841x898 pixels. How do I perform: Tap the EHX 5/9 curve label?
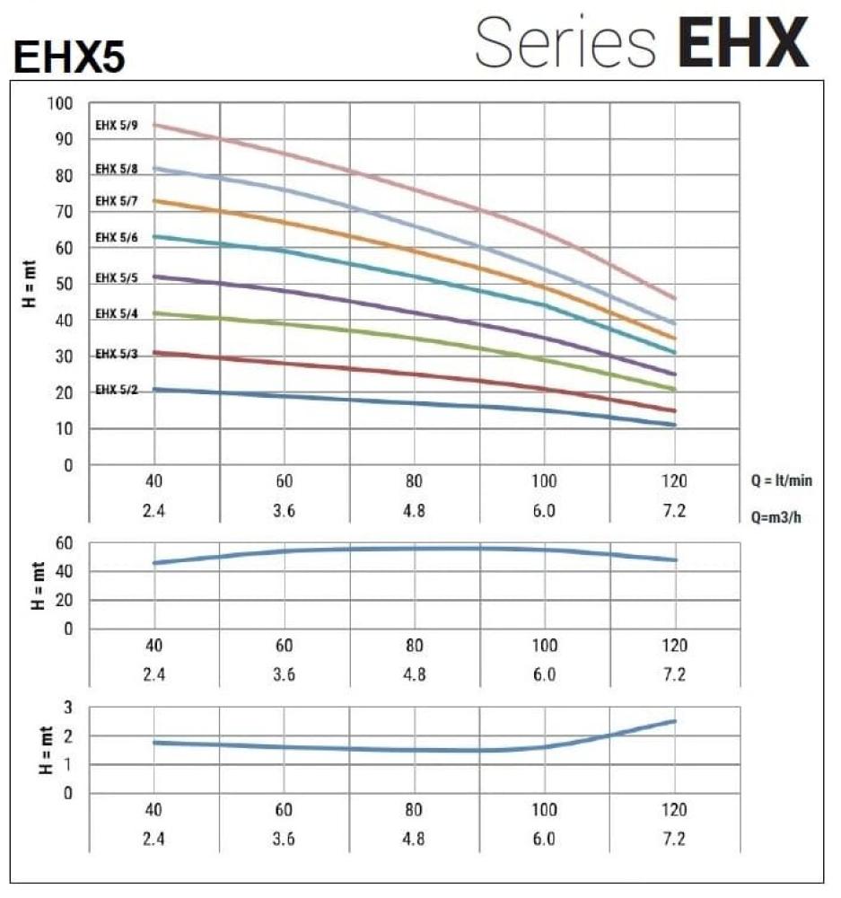point(116,126)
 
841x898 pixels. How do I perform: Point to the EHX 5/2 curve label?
point(116,390)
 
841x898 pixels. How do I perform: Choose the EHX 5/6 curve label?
point(116,238)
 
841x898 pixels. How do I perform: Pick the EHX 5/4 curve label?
point(116,313)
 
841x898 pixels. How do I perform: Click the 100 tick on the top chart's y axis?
point(59,103)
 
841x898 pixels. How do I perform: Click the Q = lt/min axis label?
point(783,480)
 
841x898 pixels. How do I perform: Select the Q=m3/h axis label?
point(777,516)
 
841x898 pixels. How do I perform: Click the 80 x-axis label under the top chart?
point(414,480)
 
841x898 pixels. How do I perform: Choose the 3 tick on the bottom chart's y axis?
point(66,708)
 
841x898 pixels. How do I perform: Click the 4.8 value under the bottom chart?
point(414,839)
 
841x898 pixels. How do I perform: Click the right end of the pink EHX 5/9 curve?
point(674,298)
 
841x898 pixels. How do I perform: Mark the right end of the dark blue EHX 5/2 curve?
point(674,424)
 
